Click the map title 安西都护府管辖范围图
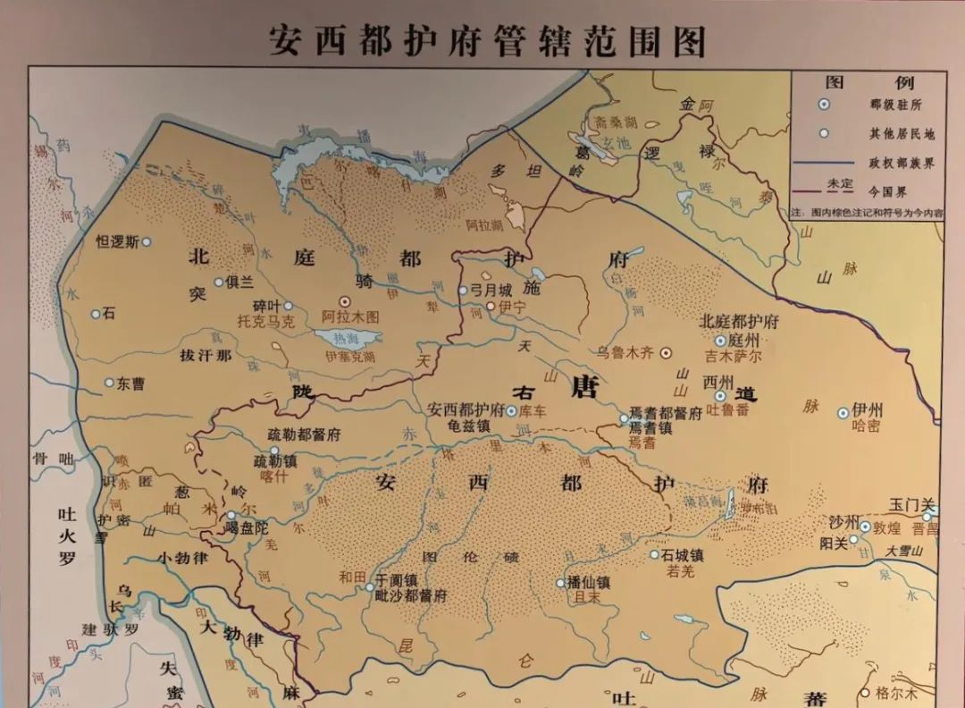pyautogui.click(x=488, y=41)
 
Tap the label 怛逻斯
pyautogui.click(x=117, y=241)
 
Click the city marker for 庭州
pyautogui.click(x=720, y=341)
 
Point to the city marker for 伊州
pyautogui.click(x=843, y=412)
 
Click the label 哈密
pyautogui.click(x=866, y=426)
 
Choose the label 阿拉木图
pyautogui.click(x=350, y=317)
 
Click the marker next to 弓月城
pyautogui.click(x=463, y=291)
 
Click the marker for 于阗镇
pyautogui.click(x=370, y=587)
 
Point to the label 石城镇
pyautogui.click(x=684, y=555)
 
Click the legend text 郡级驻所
pyautogui.click(x=894, y=105)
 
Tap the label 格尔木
pyautogui.click(x=895, y=693)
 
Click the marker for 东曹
pyautogui.click(x=110, y=383)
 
